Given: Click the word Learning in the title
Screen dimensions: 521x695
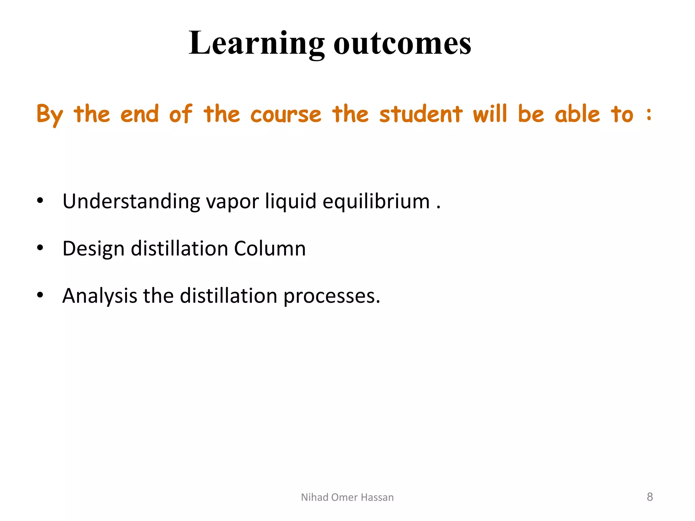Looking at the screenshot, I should pos(257,43).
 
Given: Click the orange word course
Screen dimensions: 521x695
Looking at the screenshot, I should pos(286,115).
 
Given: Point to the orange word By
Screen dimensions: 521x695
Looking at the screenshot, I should pos(50,115).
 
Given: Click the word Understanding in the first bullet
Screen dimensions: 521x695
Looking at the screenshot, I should pos(131,201).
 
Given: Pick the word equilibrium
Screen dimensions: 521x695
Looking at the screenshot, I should pos(376,201).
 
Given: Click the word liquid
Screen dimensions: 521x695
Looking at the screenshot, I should pos(291,201).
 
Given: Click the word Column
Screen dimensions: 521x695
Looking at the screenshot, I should pos(270,248).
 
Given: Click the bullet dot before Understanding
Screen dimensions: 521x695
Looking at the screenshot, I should pos(40,201).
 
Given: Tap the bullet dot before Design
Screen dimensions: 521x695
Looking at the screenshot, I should pos(40,248).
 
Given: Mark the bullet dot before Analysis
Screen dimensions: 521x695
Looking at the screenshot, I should pos(40,295).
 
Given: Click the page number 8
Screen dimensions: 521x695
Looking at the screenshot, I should pos(650,497).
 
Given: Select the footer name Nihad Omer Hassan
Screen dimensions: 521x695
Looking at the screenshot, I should pos(347,497).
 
